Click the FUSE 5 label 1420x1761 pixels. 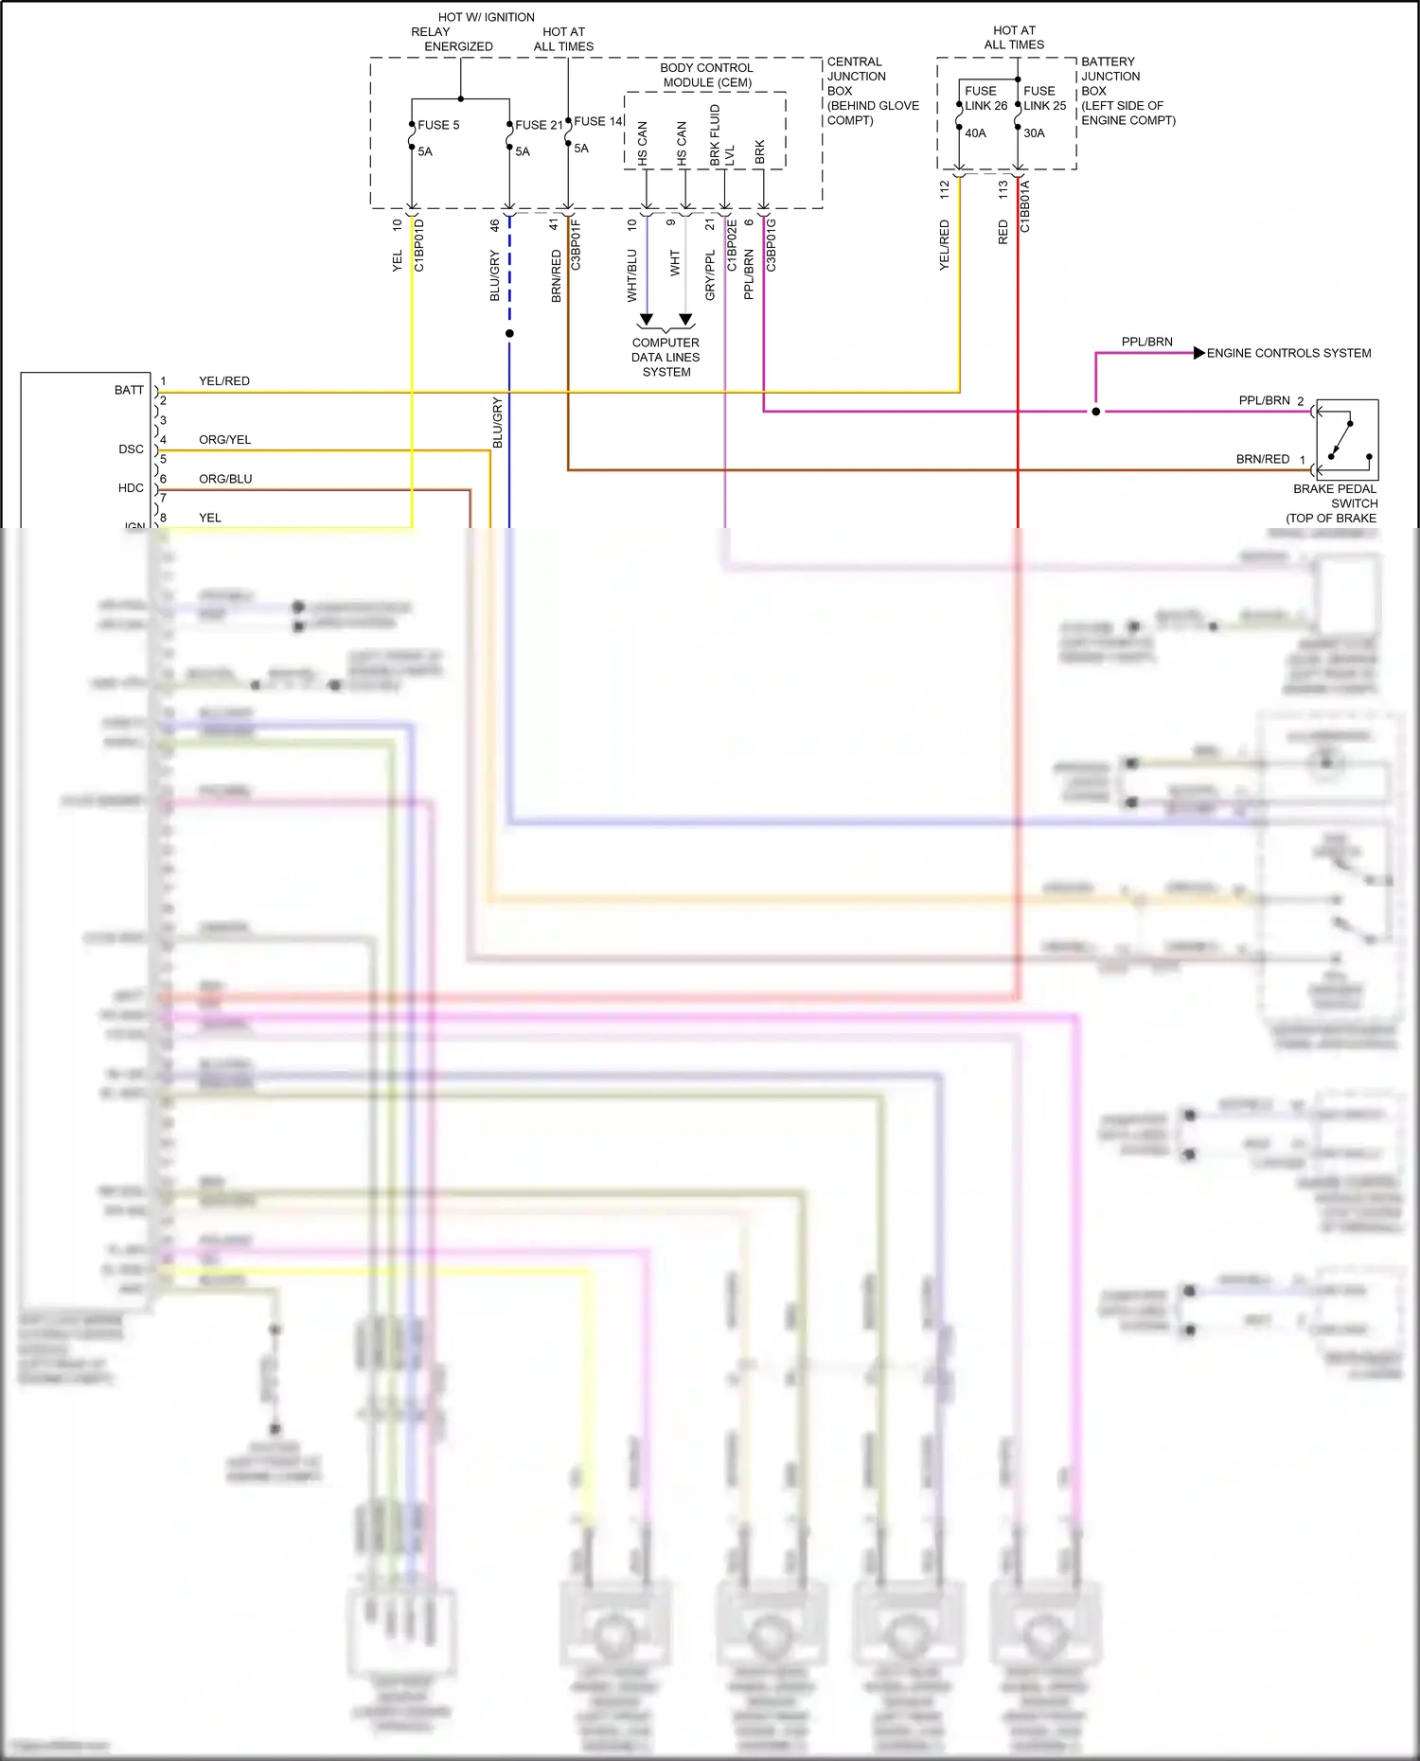click(438, 125)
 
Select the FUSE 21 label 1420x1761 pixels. click(539, 125)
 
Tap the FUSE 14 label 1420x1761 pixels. click(598, 121)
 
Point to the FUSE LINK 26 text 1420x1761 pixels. click(985, 98)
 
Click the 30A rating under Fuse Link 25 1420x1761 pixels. click(1034, 133)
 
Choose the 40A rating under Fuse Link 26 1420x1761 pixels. click(975, 133)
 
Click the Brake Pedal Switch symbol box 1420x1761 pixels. click(1347, 440)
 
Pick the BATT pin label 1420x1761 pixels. click(129, 390)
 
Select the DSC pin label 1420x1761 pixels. click(132, 449)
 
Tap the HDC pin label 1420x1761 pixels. click(131, 488)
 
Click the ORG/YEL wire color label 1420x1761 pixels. click(225, 440)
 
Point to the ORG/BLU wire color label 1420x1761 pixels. click(225, 479)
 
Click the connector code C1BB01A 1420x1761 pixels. click(1024, 206)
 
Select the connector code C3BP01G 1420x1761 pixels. click(772, 245)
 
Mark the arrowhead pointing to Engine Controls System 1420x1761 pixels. click(1199, 353)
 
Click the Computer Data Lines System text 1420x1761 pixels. click(666, 358)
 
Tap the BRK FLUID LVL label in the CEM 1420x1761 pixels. click(721, 135)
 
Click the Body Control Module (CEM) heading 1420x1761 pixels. click(706, 75)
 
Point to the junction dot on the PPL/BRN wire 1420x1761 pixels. click(1096, 412)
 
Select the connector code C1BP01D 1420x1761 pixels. click(419, 245)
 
